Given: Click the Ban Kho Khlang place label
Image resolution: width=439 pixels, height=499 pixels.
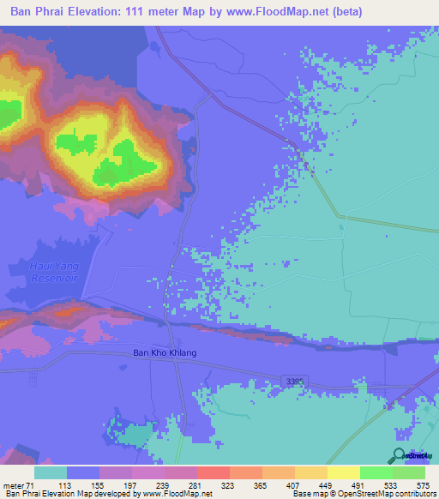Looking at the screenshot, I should (165, 352).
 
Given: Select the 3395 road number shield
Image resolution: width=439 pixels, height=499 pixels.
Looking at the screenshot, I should (293, 381).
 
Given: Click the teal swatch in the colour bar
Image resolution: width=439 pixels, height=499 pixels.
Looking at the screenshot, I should (51, 472).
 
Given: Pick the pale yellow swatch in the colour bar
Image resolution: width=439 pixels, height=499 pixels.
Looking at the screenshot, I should (344, 472).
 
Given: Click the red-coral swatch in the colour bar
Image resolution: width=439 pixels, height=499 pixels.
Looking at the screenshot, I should (213, 472).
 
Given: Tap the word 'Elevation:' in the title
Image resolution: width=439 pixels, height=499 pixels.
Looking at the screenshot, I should (102, 12).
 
